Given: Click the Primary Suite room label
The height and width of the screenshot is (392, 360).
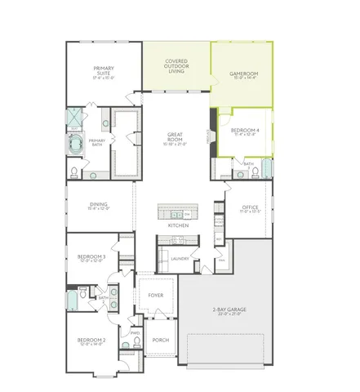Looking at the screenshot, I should tap(103, 71).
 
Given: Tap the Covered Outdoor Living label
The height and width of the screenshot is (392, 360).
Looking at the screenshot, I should tap(176, 65).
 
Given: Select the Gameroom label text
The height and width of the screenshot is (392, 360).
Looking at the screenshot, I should tap(243, 74).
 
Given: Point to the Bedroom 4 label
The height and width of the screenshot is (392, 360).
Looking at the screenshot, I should tap(245, 131).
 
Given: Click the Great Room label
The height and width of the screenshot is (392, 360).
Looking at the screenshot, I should tap(175, 138).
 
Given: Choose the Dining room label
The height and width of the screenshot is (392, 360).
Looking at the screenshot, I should tap(98, 206).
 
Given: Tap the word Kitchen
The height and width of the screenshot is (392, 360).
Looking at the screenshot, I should tap(179, 225).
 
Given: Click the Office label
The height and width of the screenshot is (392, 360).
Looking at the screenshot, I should tap(250, 208).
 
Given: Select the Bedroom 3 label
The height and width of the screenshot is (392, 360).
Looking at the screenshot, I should tap(91, 258).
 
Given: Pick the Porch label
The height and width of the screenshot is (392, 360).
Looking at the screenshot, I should tap(161, 341).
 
